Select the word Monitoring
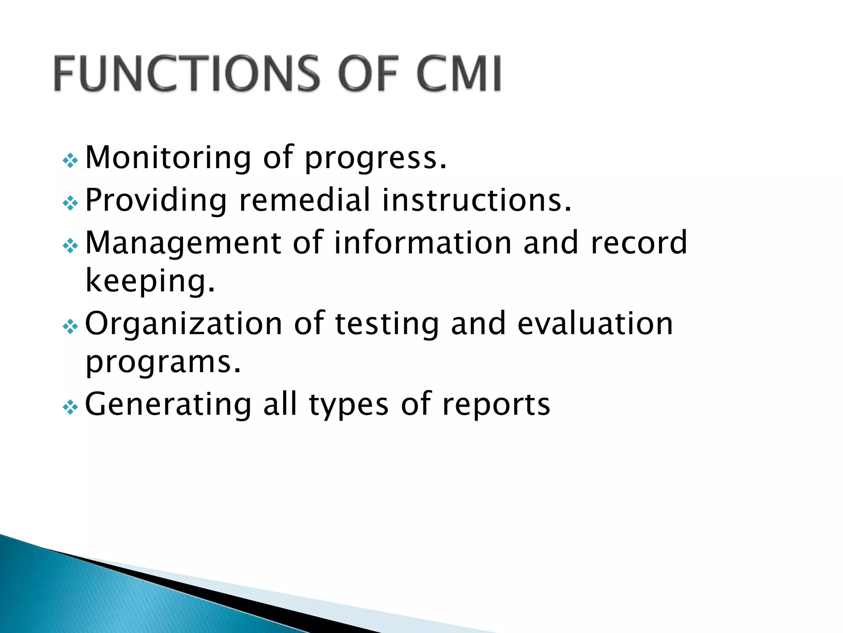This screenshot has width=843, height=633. (x=168, y=158)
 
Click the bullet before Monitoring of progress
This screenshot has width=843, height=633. (x=70, y=160)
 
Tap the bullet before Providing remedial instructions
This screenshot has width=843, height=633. (x=70, y=203)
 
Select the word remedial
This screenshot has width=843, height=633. (x=305, y=200)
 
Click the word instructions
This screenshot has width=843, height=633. (x=477, y=200)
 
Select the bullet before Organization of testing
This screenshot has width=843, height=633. (x=70, y=327)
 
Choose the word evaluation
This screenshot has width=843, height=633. (x=595, y=324)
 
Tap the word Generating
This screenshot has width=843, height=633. (x=168, y=405)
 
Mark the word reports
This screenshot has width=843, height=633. (x=496, y=406)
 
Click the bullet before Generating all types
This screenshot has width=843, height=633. (x=70, y=408)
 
